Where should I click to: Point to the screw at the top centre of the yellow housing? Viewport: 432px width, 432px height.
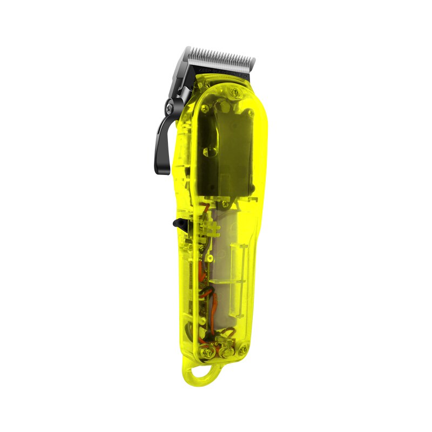[234, 92]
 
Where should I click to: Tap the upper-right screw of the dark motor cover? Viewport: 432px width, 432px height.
[250, 114]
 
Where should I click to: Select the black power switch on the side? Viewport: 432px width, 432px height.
[178, 222]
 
